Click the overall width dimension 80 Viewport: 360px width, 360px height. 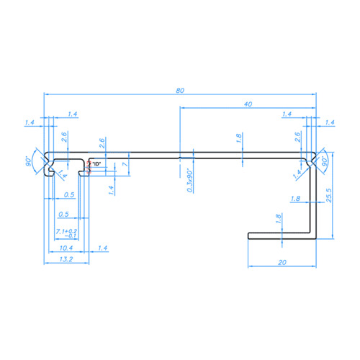[x=179, y=90]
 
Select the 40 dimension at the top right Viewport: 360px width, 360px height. [x=248, y=104]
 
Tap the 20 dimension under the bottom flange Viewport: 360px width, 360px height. [x=281, y=262]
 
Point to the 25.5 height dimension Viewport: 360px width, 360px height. [x=328, y=196]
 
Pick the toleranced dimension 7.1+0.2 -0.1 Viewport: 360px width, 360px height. [x=66, y=233]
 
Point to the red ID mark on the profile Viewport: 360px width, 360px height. [x=89, y=166]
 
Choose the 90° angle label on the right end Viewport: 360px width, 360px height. [x=325, y=160]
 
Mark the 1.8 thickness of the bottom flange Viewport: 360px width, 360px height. [x=279, y=219]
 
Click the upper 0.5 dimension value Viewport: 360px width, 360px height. [x=69, y=195]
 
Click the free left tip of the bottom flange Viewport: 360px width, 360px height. [x=249, y=234]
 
